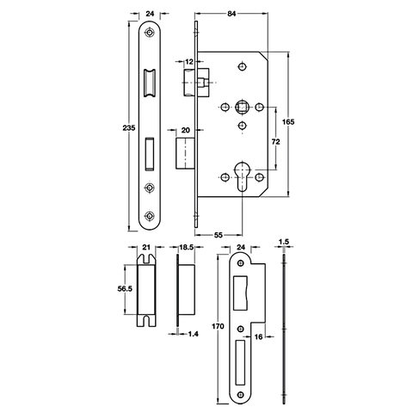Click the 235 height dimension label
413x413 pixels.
[x=129, y=128]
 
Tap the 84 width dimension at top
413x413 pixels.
[x=231, y=14]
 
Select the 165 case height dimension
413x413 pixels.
[x=288, y=122]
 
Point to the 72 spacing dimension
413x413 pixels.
[x=275, y=141]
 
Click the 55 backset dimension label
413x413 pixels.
[x=219, y=235]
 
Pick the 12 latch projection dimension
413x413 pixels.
[x=189, y=62]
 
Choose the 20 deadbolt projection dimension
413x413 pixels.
[x=186, y=130]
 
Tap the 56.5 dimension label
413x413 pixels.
[x=125, y=289]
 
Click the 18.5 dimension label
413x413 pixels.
[x=187, y=247]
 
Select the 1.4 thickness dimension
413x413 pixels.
[x=193, y=334]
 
